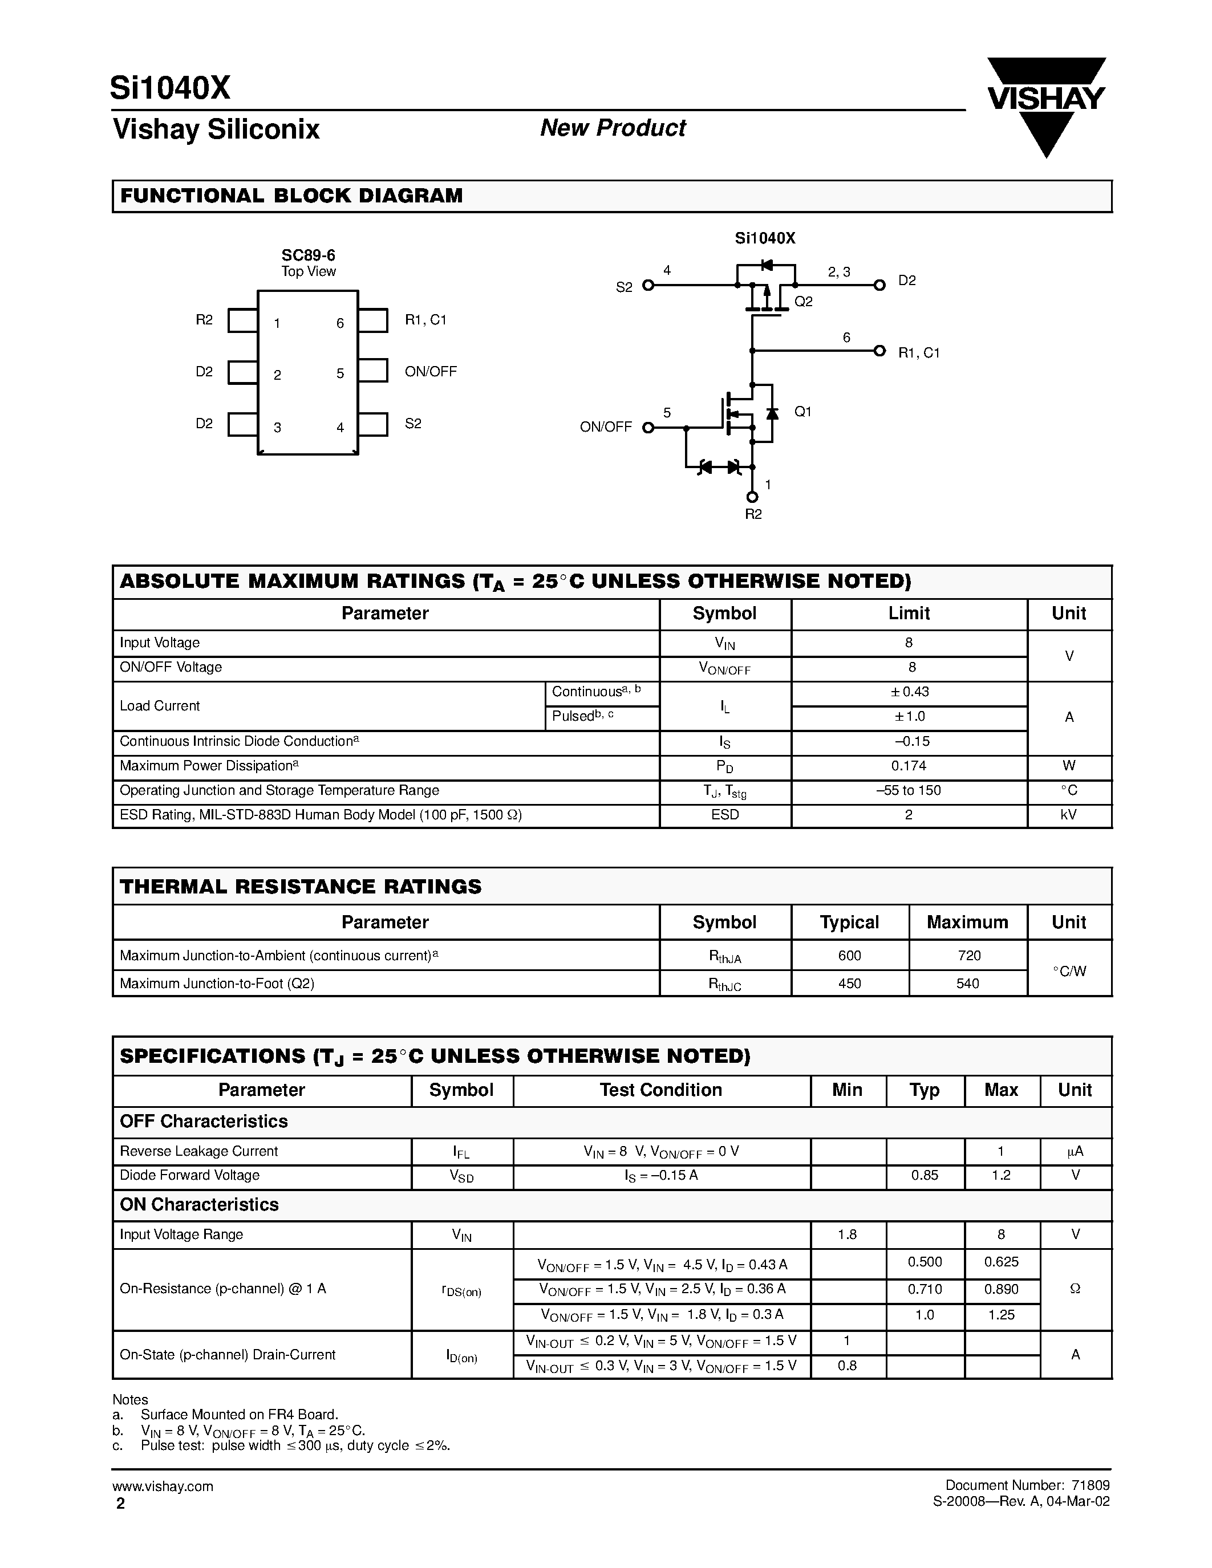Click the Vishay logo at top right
[x=1046, y=100]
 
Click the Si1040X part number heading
[x=170, y=88]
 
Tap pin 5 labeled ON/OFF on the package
[x=372, y=371]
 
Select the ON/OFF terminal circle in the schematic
[x=648, y=428]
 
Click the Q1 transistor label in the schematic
[x=802, y=411]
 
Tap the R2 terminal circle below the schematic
[x=752, y=497]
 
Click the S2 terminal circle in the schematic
[x=648, y=286]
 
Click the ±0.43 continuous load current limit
[x=909, y=692]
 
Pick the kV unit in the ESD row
[x=1068, y=815]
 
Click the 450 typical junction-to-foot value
[x=849, y=984]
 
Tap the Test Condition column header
[x=660, y=1090]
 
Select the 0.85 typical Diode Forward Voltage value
[x=924, y=1175]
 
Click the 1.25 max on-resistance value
[x=1001, y=1315]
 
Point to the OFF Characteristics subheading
[x=204, y=1122]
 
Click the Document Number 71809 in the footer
[x=1027, y=1485]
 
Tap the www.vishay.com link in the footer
[x=163, y=1486]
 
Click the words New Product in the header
[x=613, y=128]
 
